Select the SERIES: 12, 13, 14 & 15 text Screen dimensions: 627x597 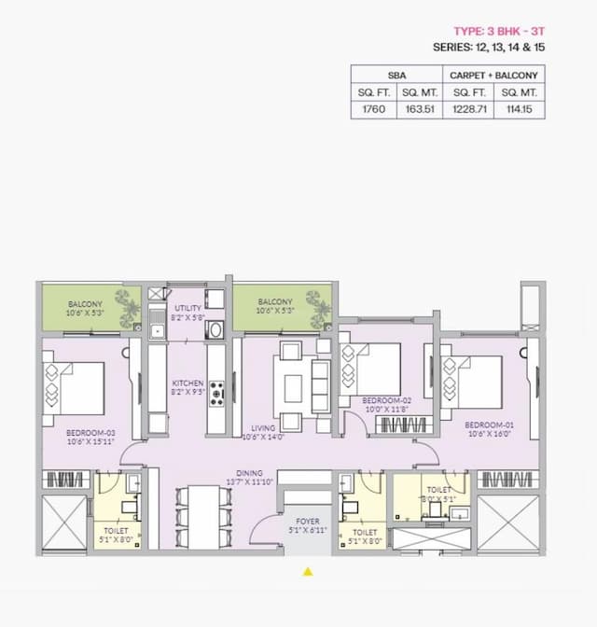click(488, 47)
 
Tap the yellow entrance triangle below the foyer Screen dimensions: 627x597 click(308, 572)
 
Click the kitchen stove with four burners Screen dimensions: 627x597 click(216, 393)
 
